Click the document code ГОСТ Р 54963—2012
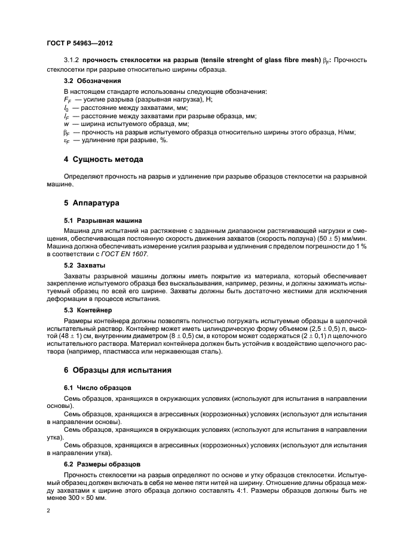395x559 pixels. pos(79,44)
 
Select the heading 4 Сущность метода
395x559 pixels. pos(102,159)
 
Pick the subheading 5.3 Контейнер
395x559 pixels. pos(88,311)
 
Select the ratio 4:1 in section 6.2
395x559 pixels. pos(229,489)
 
